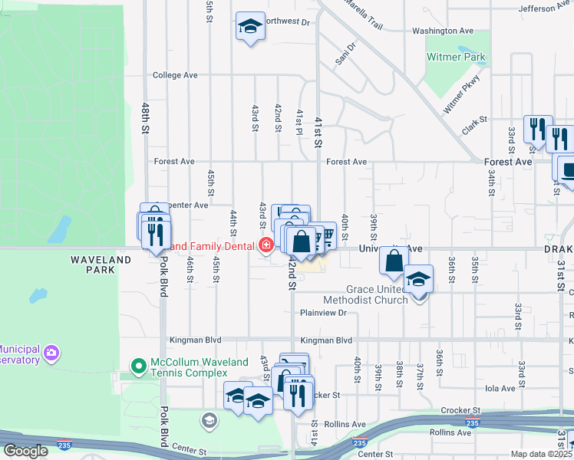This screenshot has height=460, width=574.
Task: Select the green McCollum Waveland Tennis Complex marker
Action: tap(138, 367)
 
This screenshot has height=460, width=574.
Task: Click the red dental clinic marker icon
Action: tap(266, 246)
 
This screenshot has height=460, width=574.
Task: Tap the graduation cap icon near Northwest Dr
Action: tap(249, 27)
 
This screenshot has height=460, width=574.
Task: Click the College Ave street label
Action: tap(175, 75)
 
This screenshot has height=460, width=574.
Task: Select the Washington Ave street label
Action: tap(442, 31)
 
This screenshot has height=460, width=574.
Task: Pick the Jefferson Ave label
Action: tap(545, 8)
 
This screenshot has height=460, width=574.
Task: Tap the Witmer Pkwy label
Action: tap(462, 94)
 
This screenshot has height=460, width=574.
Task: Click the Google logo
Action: tap(25, 451)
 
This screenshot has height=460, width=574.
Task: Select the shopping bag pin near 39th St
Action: tap(393, 261)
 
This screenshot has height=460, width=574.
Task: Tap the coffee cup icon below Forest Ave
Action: tap(566, 169)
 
